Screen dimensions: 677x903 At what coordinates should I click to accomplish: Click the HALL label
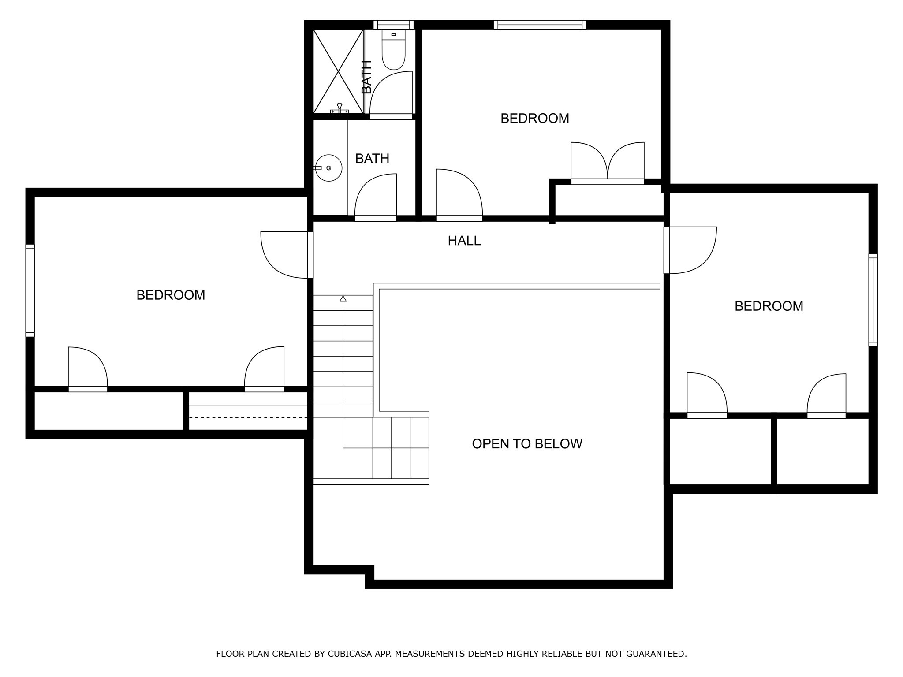click(x=464, y=241)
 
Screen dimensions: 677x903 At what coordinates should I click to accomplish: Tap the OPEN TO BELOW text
click(x=527, y=444)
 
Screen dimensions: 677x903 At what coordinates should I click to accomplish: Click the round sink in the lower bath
click(x=329, y=168)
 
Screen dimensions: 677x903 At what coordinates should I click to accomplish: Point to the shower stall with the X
click(x=338, y=71)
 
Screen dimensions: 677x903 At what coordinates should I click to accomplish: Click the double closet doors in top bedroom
click(x=608, y=162)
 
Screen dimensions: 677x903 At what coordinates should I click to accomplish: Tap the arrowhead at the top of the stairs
click(x=343, y=299)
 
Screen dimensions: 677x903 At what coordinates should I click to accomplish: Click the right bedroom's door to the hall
click(x=690, y=250)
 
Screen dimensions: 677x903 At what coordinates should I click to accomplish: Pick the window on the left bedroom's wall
click(x=30, y=290)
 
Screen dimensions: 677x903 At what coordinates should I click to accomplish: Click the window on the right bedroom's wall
click(x=873, y=300)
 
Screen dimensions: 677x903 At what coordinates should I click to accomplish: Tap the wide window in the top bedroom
click(x=540, y=25)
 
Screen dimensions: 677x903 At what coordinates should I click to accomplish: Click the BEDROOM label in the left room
click(x=171, y=295)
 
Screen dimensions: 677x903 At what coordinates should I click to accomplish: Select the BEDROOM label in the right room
click(x=769, y=306)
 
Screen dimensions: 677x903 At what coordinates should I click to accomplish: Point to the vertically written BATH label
click(x=366, y=77)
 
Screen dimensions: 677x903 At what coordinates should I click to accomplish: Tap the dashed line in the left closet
click(x=248, y=417)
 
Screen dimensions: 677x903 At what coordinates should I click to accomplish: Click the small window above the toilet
click(x=393, y=25)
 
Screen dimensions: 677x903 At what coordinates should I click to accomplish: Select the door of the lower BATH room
click(x=376, y=196)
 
